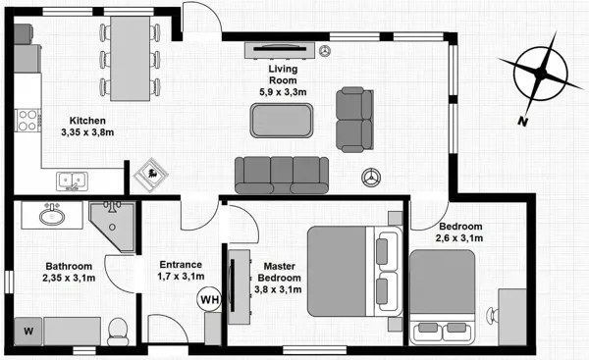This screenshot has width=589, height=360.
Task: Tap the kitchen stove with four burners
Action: [27, 122]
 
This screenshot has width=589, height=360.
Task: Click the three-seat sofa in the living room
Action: [282, 174]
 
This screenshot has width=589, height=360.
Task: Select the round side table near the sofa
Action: [372, 180]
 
